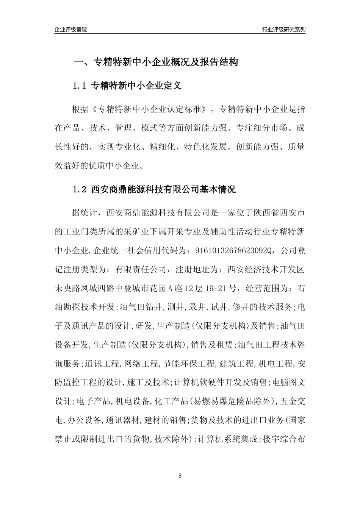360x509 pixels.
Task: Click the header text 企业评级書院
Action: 71,30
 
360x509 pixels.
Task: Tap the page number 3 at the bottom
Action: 180,475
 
